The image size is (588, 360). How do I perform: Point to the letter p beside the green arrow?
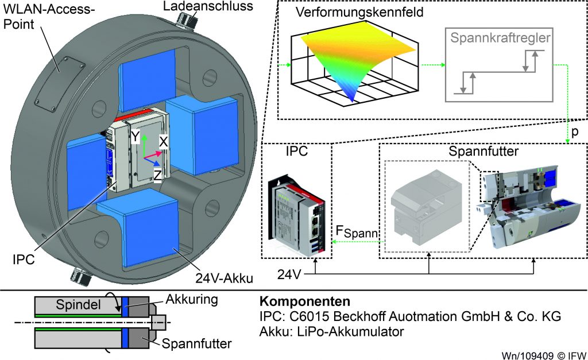click(574, 131)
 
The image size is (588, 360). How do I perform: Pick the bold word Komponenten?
click(297, 301)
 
